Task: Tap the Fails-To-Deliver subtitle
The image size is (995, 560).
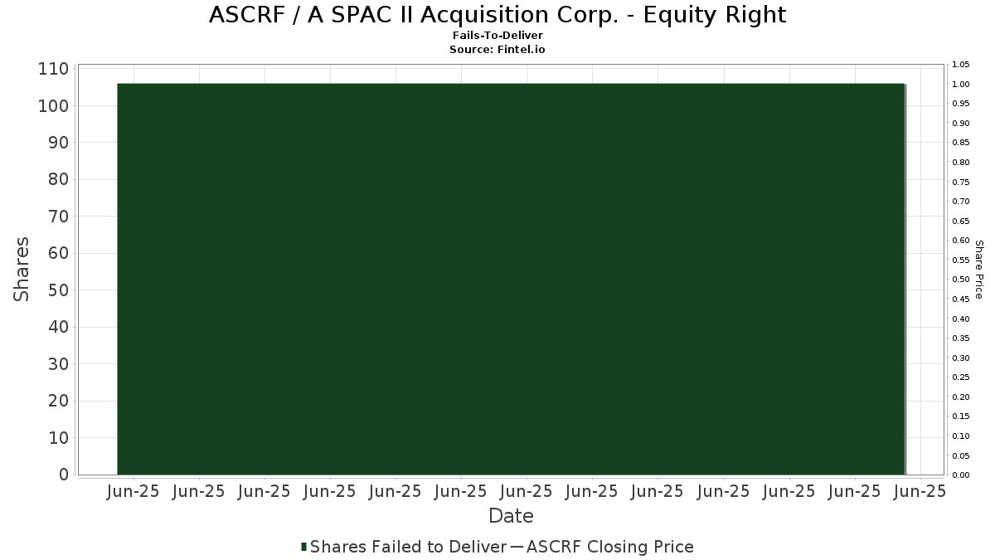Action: pos(498,36)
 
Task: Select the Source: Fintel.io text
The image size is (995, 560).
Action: pos(497,49)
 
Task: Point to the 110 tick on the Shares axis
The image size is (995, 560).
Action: pos(54,69)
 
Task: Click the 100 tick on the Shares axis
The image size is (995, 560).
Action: pos(54,106)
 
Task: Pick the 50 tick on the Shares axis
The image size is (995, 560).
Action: pos(59,290)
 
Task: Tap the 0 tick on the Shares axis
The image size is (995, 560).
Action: pos(64,475)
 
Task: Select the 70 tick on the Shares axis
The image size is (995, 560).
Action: pos(59,217)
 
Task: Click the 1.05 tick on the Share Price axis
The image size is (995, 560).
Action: pos(961,65)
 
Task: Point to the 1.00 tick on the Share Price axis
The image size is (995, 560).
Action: pos(961,85)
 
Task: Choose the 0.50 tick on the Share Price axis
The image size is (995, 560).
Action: pos(961,279)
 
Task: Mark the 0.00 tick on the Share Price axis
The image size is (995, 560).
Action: pos(961,475)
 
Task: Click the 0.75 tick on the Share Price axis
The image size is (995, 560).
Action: pos(961,182)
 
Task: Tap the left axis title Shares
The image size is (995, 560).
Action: pos(22,270)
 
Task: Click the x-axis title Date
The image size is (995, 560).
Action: pos(511,516)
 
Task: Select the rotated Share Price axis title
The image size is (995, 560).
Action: pos(979,270)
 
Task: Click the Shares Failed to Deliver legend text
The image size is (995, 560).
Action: pos(408,547)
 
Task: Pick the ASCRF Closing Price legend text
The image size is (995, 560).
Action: pos(609,547)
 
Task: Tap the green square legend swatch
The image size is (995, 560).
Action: pos(303,547)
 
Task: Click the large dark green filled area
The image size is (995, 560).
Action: pos(511,279)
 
